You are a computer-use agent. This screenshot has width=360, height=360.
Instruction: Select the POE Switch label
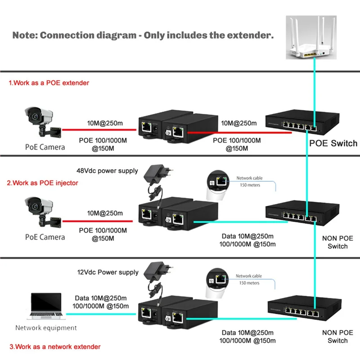click(x=333, y=144)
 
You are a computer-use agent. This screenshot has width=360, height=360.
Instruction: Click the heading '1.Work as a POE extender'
click(x=49, y=83)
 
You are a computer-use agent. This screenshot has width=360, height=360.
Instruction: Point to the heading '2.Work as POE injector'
click(x=43, y=183)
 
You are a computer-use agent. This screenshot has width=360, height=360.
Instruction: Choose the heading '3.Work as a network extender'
click(x=54, y=346)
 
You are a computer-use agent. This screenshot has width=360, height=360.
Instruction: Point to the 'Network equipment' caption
click(x=46, y=328)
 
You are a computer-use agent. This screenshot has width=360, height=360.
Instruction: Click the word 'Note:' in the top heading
click(x=24, y=35)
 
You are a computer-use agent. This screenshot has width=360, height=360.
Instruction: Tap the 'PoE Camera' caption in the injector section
click(x=45, y=237)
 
